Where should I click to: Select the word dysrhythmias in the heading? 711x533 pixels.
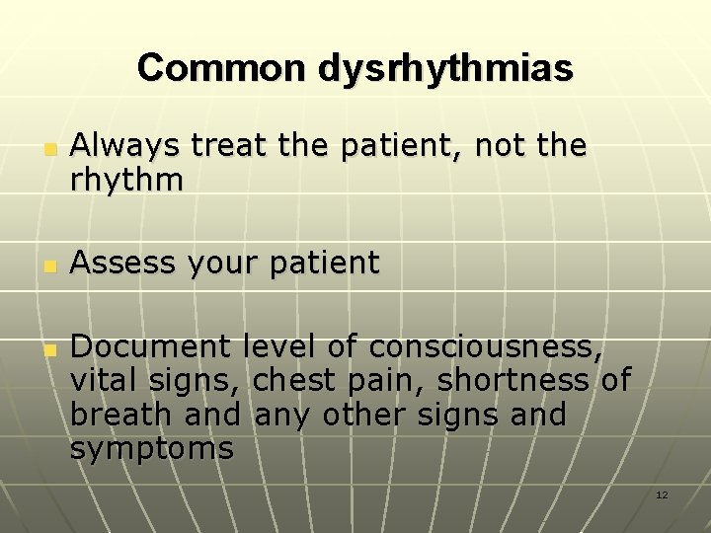click(x=445, y=68)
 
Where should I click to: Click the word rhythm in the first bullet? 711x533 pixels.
click(x=126, y=180)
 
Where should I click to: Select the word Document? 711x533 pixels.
click(x=151, y=346)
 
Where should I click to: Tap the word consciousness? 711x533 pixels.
click(x=485, y=346)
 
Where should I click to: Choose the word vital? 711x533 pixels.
click(x=104, y=380)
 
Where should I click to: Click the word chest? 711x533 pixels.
click(x=290, y=380)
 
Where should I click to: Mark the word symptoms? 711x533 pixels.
click(x=152, y=449)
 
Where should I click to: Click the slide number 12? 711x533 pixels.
click(x=662, y=494)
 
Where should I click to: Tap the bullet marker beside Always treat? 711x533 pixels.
click(x=47, y=150)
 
